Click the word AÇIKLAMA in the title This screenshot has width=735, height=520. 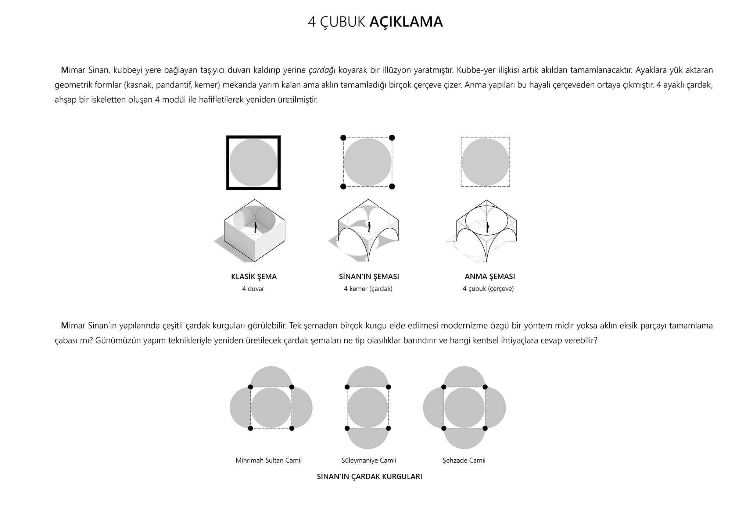click(x=406, y=22)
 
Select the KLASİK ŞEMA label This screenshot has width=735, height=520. click(x=254, y=277)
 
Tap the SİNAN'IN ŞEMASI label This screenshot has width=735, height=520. click(x=369, y=277)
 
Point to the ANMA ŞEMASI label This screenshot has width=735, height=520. click(x=490, y=277)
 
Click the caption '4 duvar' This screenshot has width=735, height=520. click(x=253, y=289)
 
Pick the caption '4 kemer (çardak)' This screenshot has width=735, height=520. click(x=368, y=289)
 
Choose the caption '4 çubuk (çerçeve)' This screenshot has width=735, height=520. click(x=488, y=289)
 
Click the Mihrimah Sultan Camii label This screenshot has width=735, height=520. click(x=268, y=460)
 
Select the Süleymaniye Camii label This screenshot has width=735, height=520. click(x=369, y=460)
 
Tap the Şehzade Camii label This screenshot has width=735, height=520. click(x=464, y=460)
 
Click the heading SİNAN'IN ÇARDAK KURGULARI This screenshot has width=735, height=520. click(x=369, y=477)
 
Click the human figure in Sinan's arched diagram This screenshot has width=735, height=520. click(x=369, y=227)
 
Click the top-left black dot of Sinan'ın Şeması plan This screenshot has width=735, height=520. click(x=343, y=138)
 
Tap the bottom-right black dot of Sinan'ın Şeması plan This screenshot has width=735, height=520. click(x=392, y=186)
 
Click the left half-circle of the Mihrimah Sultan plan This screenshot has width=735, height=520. click(x=240, y=408)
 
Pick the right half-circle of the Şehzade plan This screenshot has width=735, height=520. click(x=496, y=408)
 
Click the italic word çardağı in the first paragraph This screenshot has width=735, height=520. click(x=322, y=70)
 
